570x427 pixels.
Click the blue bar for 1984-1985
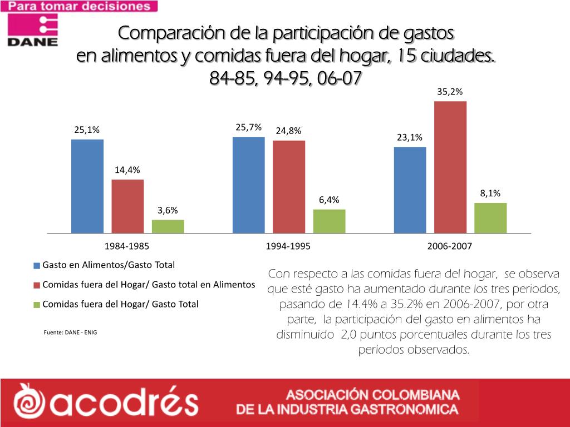coord(87,186)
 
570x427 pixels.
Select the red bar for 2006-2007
coord(450,167)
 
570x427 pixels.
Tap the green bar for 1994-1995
coord(329,221)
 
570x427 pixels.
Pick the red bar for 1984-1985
coord(127,206)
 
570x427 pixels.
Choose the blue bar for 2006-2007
coord(410,190)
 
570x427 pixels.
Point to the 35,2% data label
coord(450,92)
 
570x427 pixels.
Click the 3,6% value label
coord(168,210)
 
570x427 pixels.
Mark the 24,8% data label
coord(288,131)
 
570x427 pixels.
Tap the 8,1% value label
coord(490,193)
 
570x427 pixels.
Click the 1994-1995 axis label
coord(288,246)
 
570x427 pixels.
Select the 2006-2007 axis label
coord(450,246)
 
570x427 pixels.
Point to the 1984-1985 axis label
coord(127,246)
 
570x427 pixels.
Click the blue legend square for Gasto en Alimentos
coord(37,266)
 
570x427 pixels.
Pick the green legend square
coord(37,305)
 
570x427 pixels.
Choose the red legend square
coord(37,285)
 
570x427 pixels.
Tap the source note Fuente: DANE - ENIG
coord(70,332)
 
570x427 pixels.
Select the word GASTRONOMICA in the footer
coord(409,410)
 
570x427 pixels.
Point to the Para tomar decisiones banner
coord(79,7)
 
